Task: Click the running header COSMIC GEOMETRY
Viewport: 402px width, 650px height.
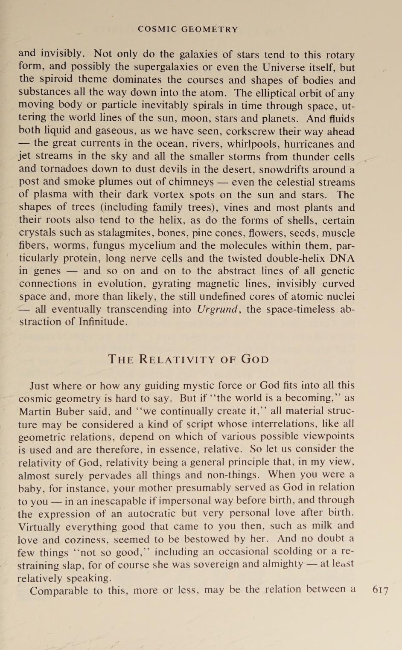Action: tap(188, 29)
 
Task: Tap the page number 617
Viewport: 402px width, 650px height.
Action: tap(380, 590)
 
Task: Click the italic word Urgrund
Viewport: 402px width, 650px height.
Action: tap(217, 309)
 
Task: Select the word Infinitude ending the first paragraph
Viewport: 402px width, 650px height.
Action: tap(102, 321)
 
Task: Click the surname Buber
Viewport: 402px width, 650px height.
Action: tap(64, 412)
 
